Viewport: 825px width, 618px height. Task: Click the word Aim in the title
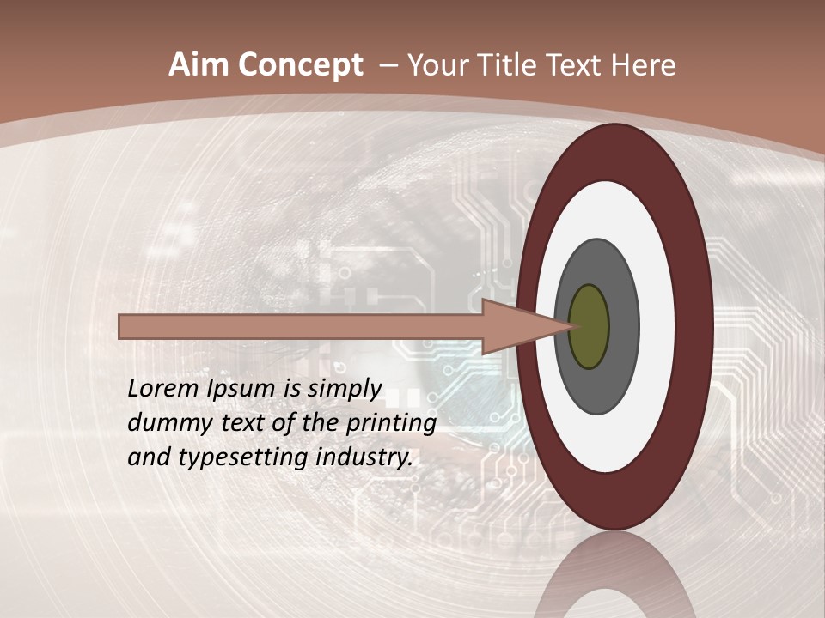click(x=197, y=65)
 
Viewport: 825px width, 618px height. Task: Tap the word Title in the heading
click(x=524, y=65)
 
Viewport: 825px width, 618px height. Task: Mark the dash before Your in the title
click(x=388, y=65)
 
